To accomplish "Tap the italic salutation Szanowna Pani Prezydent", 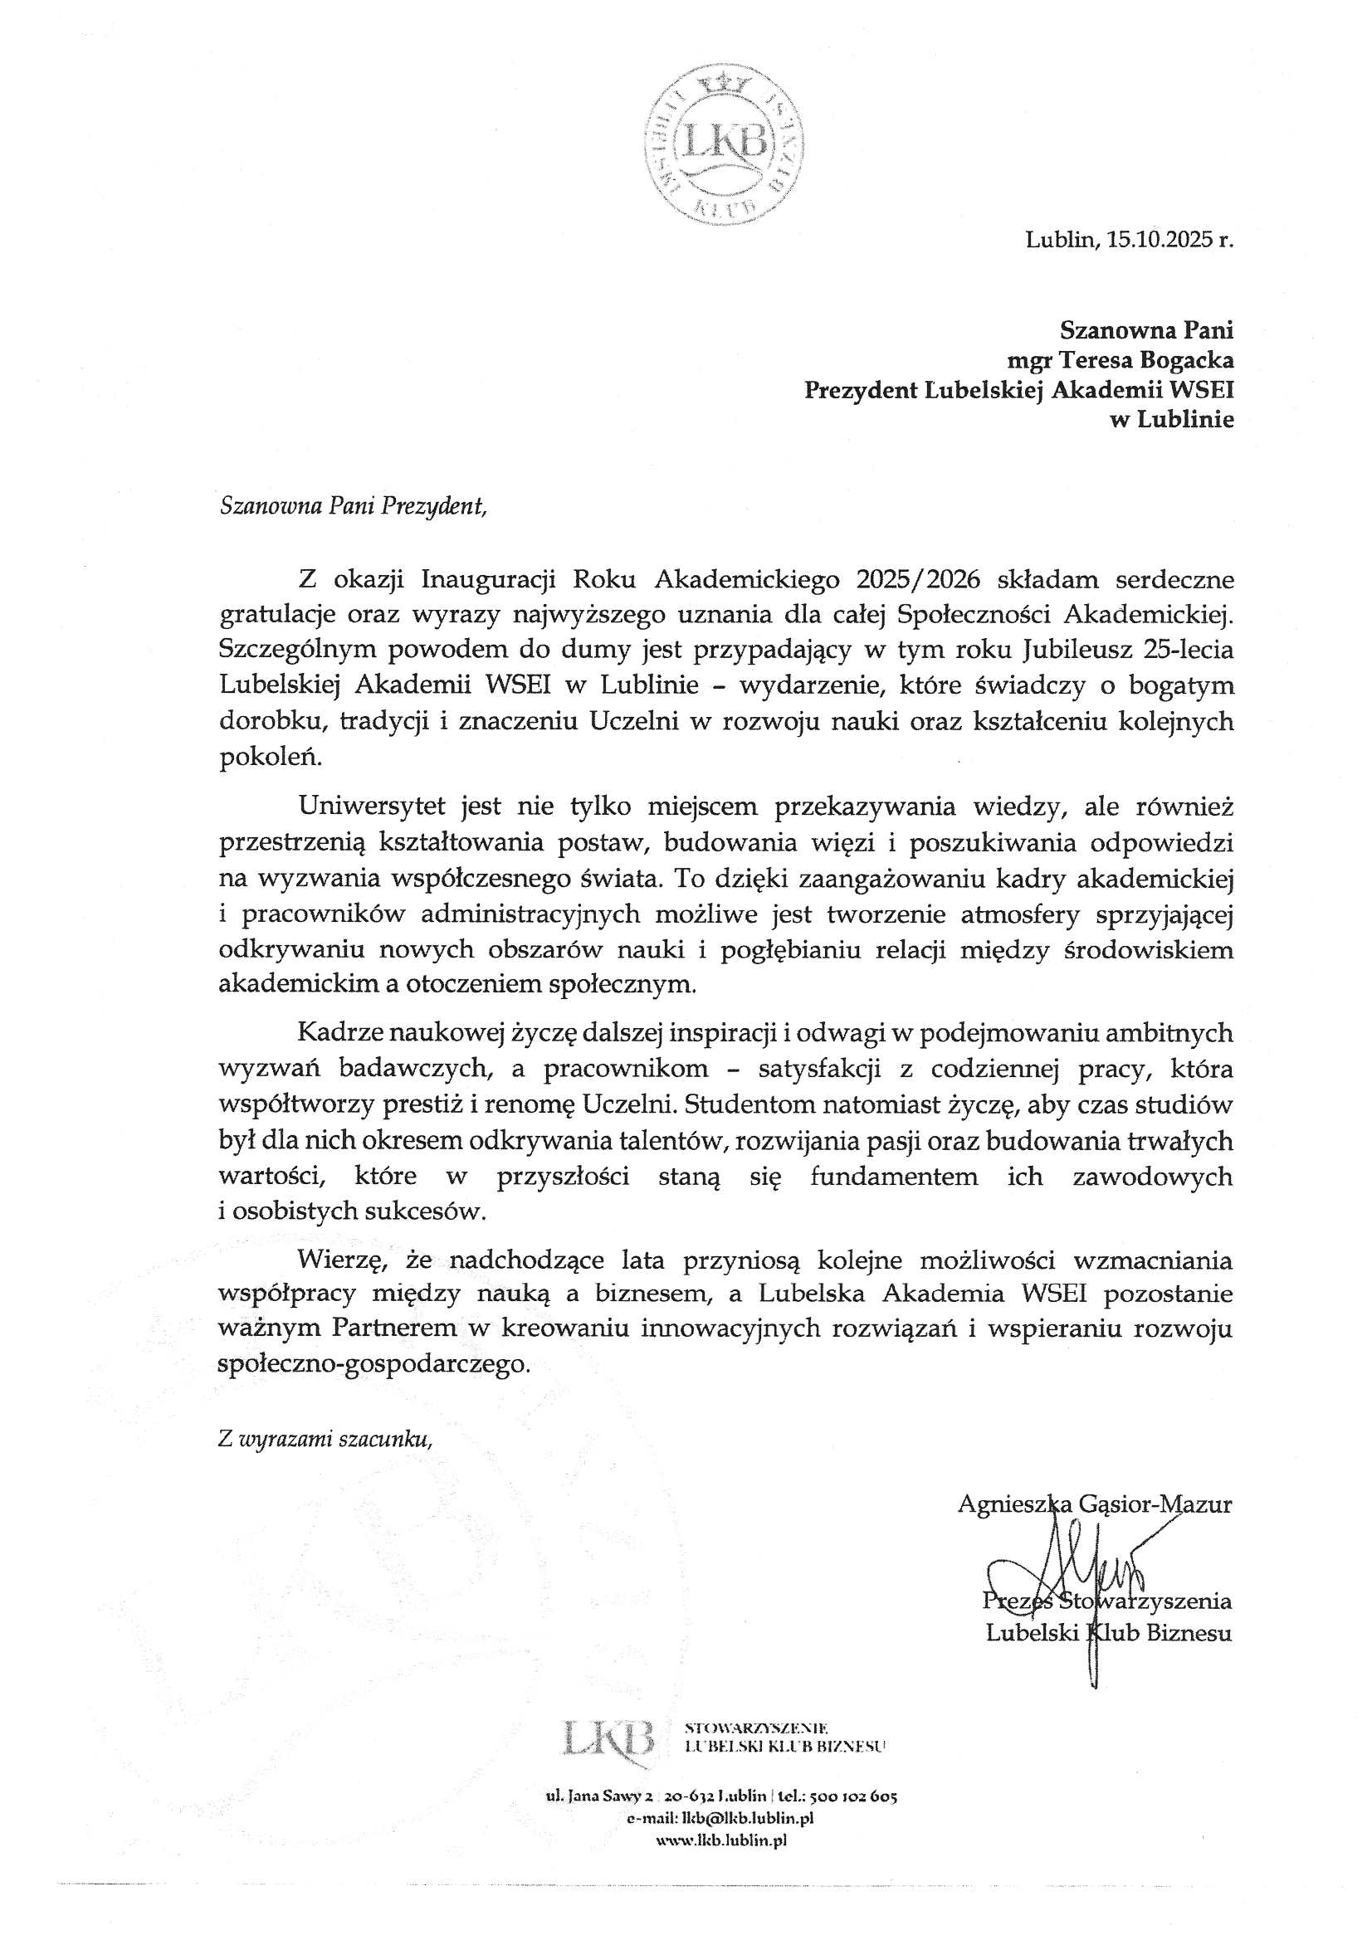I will (x=354, y=506).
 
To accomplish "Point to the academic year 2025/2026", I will (x=918, y=580).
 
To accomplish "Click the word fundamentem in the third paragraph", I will (x=894, y=1176).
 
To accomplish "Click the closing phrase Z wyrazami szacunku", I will (x=325, y=1440).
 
